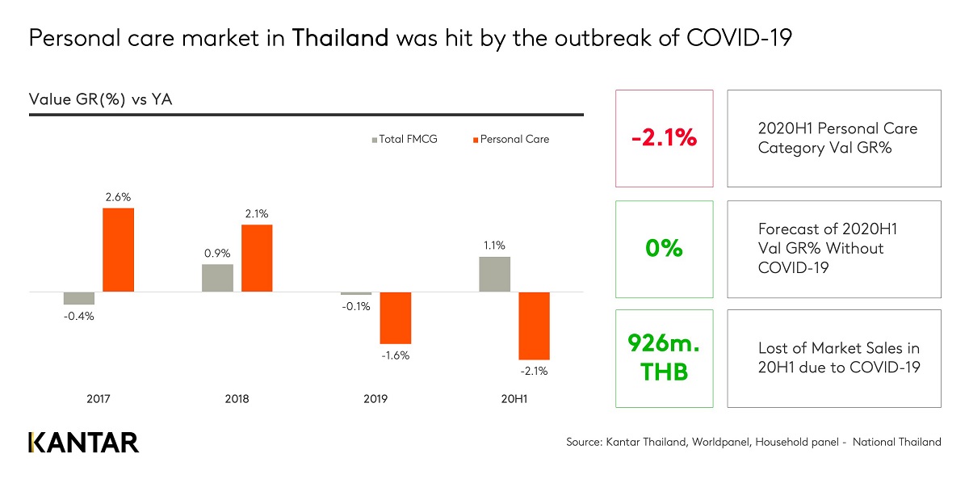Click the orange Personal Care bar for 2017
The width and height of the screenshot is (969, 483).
tap(118, 250)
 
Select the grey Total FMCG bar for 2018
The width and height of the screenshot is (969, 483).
tap(217, 278)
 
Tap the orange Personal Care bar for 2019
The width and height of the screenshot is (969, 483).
tap(396, 317)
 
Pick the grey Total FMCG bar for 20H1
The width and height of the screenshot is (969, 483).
tap(495, 275)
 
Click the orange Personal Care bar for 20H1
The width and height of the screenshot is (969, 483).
tap(534, 325)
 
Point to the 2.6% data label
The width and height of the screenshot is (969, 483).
tap(118, 196)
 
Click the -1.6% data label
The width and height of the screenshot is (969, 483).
tap(396, 355)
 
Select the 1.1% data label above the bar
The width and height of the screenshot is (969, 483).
tap(495, 246)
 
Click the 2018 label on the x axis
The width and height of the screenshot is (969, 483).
tap(237, 399)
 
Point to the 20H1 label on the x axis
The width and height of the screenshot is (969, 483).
tap(514, 399)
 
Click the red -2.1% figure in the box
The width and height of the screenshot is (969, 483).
tap(664, 138)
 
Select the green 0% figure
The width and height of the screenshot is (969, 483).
tap(664, 249)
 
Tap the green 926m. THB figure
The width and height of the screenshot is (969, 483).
tap(664, 359)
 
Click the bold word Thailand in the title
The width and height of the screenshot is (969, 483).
tap(340, 39)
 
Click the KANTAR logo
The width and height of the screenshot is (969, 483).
tap(84, 443)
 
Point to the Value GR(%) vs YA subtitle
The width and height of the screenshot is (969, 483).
tap(101, 99)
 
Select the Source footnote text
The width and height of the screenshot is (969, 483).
tap(753, 442)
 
